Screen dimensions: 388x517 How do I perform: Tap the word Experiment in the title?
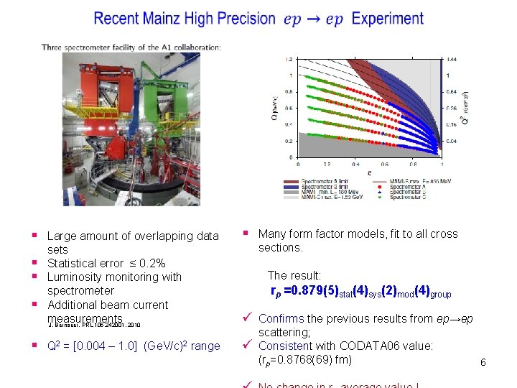388,19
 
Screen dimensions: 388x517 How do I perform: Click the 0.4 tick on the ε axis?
354,163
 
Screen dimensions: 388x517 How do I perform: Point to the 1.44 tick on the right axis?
451,58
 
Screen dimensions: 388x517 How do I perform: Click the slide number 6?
483,362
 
